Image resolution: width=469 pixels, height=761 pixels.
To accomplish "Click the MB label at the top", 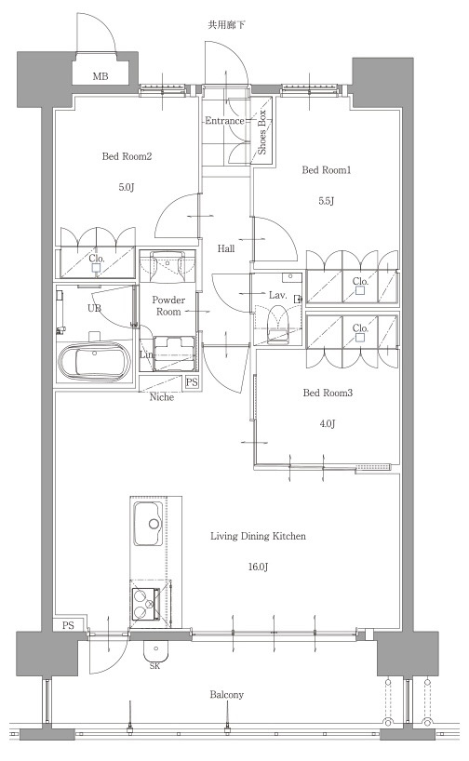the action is click(100, 76).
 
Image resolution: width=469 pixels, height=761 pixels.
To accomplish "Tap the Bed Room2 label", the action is click(127, 156).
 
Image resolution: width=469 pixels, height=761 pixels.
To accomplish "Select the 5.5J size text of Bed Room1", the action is click(327, 201).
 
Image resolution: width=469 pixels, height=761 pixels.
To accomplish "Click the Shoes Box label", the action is click(262, 132).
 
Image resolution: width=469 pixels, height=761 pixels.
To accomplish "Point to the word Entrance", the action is click(224, 120).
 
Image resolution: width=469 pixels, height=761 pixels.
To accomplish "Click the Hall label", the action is click(226, 248).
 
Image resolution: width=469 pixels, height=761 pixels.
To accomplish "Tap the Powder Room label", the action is click(168, 306).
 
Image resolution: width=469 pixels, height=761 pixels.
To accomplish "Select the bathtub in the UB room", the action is click(95, 362).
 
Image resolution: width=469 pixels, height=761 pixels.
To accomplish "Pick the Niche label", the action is click(162, 397).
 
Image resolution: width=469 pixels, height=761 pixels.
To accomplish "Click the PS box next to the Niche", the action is click(193, 382).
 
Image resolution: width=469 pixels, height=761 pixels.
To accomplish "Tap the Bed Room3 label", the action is click(328, 393).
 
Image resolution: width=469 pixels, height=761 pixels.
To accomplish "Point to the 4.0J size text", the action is click(328, 423).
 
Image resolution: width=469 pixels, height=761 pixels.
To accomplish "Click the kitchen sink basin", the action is click(148, 524).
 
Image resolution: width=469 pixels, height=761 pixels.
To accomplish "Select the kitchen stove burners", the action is click(145, 604).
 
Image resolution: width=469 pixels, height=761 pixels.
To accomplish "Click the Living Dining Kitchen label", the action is click(258, 536).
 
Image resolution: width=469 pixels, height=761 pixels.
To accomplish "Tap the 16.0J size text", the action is click(259, 567).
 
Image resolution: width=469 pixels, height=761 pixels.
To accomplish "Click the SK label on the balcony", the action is click(154, 666).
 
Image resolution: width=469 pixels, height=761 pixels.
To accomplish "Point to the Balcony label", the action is click(227, 695).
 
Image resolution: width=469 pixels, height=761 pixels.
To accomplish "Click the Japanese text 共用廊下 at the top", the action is click(227, 25).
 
